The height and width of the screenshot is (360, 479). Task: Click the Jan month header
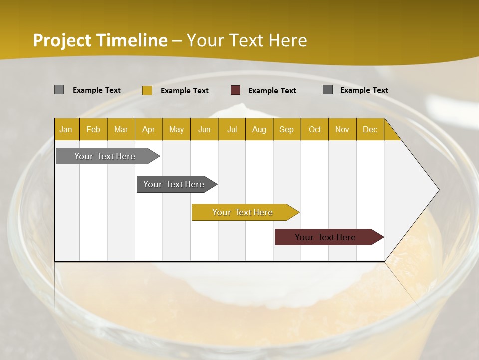(66, 129)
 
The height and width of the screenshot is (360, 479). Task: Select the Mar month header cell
(121, 129)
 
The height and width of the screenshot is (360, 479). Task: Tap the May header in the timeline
(176, 129)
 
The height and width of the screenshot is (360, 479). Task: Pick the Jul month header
(232, 129)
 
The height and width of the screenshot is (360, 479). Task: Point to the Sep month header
(286, 129)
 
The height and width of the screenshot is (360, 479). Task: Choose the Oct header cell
(315, 129)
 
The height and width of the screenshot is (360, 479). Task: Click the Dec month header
(370, 129)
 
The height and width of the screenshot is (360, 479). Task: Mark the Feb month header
(93, 129)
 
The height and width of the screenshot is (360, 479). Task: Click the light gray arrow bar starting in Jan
(105, 156)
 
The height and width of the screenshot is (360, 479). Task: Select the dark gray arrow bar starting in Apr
(174, 184)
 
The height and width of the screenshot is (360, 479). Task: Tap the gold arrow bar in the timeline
(242, 212)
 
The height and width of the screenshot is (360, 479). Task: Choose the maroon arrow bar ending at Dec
(325, 237)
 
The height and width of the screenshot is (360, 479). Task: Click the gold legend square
(147, 90)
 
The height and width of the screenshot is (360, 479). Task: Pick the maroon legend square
(236, 90)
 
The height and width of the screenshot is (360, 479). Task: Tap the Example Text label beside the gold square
(185, 91)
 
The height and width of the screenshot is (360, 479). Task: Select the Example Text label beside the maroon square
(272, 91)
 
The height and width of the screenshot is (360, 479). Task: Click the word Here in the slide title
(288, 40)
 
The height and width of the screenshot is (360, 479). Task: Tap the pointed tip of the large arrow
(438, 189)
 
